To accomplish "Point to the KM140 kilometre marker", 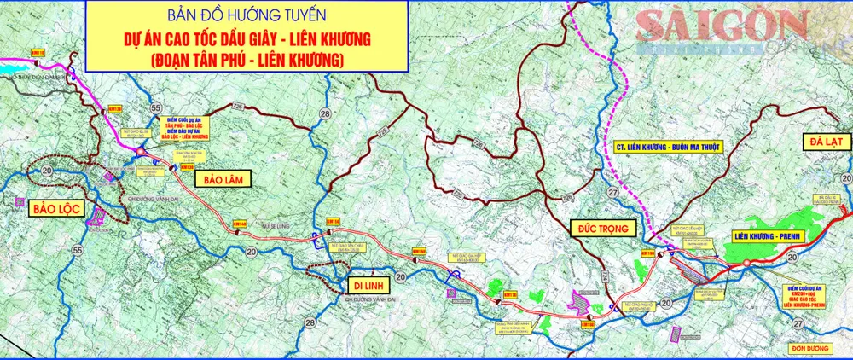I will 239,224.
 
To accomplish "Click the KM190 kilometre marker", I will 647,253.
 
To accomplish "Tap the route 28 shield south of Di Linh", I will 310,322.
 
